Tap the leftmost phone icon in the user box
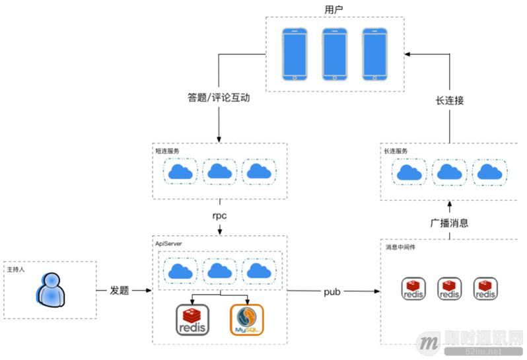[x=295, y=54]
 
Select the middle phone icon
[x=334, y=54]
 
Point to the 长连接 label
[x=450, y=101]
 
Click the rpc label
[x=219, y=215]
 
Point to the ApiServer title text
[x=169, y=244]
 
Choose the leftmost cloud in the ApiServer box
[x=181, y=270]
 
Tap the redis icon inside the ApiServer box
[x=192, y=320]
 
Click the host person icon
[x=50, y=291]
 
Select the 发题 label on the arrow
[x=120, y=291]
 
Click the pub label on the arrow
[x=332, y=291]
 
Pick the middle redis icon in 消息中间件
[x=450, y=289]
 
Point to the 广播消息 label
[x=450, y=223]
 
